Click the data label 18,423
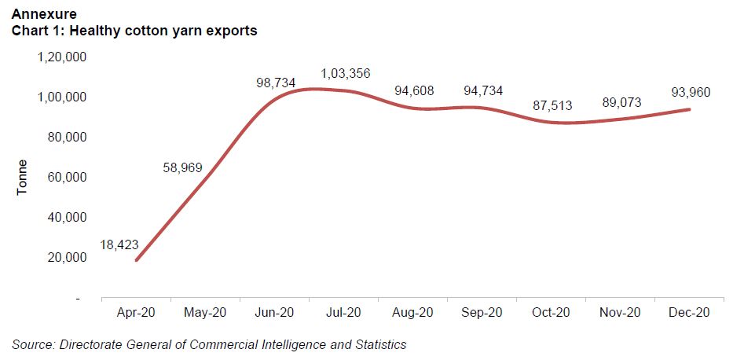tap(119, 245)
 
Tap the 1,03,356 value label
tap(345, 74)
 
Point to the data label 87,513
tap(548, 105)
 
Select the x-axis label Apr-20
tap(136, 312)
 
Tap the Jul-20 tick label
tap(344, 312)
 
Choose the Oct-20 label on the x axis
tap(552, 312)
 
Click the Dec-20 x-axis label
tap(690, 312)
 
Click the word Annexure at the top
tap(42, 13)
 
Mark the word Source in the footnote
tap(34, 344)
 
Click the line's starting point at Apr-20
tap(136, 260)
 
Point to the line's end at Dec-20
tap(690, 109)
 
